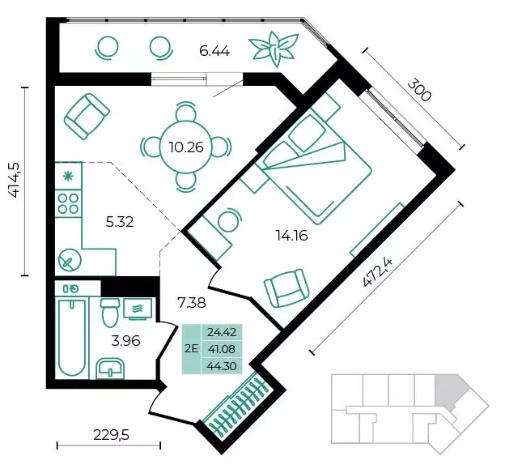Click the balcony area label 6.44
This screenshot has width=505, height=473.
[x=214, y=51]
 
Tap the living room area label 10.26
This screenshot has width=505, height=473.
[x=186, y=147]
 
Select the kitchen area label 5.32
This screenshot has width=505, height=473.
[x=120, y=222]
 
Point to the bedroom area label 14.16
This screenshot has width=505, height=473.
[x=291, y=236]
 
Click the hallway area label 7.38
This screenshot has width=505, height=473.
[x=192, y=303]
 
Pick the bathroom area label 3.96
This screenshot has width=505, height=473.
[x=125, y=340]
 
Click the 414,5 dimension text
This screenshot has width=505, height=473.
[x=15, y=181]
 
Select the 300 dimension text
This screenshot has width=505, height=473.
[x=418, y=91]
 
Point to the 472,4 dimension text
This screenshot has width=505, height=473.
[x=377, y=273]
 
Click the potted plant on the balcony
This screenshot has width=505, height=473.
[x=274, y=49]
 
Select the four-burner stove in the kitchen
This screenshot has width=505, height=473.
[x=68, y=203]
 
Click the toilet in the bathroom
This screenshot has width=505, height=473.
[x=109, y=312]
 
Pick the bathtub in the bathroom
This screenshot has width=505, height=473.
[x=73, y=337]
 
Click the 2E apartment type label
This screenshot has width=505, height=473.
[x=192, y=348]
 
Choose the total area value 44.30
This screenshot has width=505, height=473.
[x=222, y=366]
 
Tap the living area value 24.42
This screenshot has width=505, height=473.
[x=222, y=332]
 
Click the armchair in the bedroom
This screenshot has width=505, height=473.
[x=286, y=288]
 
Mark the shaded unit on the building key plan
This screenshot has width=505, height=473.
[x=450, y=390]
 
